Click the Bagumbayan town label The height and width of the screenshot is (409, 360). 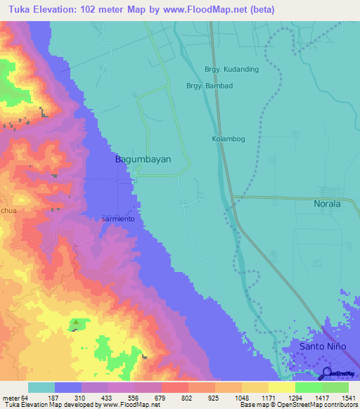pos(143,160)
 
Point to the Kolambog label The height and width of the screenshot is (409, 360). pos(229,139)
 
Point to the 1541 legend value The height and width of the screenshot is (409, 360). pos(347,397)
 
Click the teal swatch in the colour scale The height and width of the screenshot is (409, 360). pos(41,387)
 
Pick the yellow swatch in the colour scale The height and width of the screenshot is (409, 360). pos(281,387)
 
